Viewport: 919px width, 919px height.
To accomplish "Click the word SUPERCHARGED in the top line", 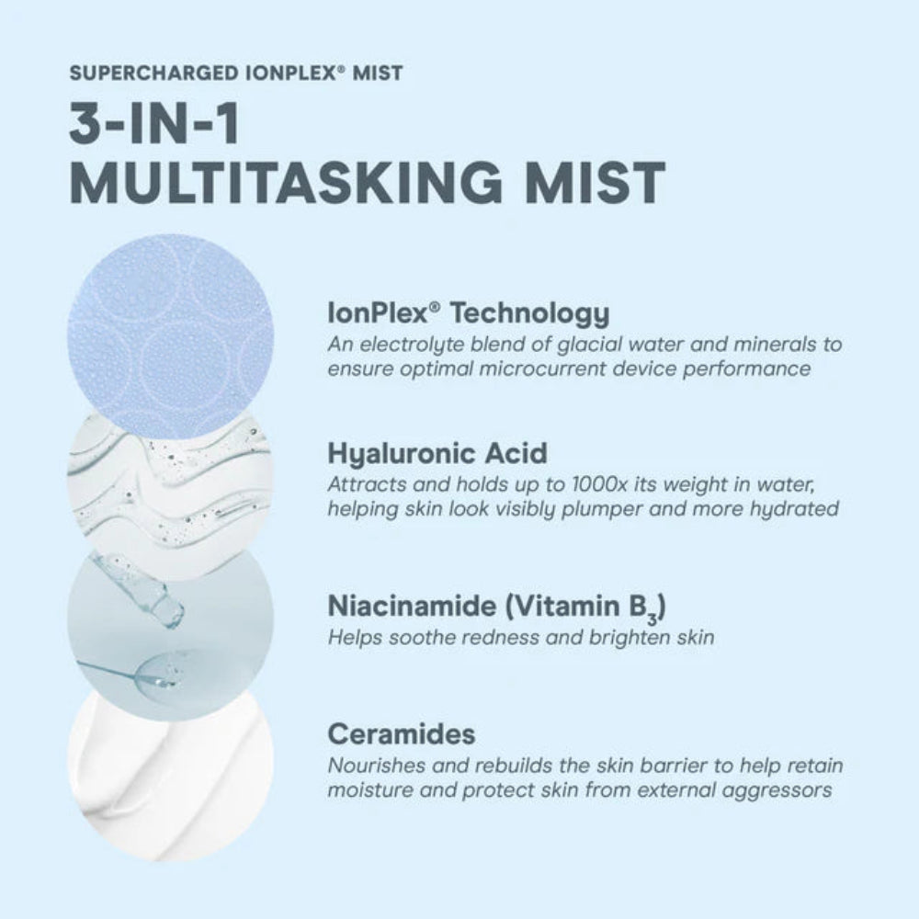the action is (x=154, y=73).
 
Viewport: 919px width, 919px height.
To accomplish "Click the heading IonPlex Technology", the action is (x=469, y=313).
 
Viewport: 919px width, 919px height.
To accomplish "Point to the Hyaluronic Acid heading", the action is (x=437, y=453).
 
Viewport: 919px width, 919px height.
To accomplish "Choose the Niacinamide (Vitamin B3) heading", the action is (x=496, y=607).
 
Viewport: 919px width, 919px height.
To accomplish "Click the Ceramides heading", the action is (x=402, y=733).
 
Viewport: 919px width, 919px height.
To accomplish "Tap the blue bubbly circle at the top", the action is (x=171, y=335).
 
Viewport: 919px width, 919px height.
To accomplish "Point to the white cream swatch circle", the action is (x=171, y=774).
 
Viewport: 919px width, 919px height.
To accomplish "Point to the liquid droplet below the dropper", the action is (x=157, y=671).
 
